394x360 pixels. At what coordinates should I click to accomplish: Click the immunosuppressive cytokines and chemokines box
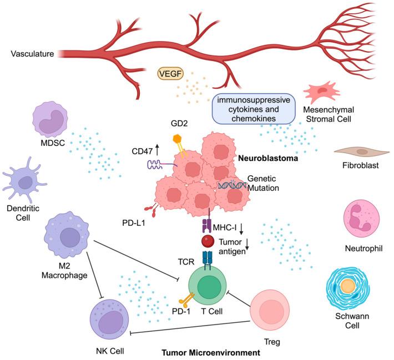click(252, 108)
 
